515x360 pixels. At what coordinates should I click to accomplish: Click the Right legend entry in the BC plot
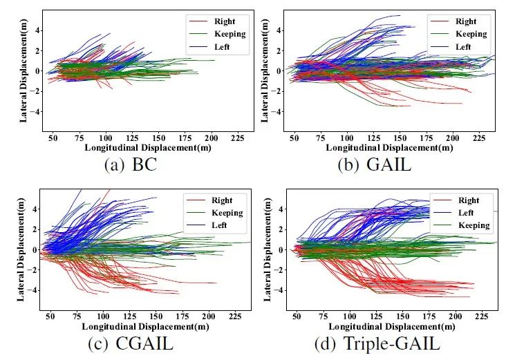[224, 21]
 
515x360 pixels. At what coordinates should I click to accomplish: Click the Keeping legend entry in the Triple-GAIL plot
[474, 225]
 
